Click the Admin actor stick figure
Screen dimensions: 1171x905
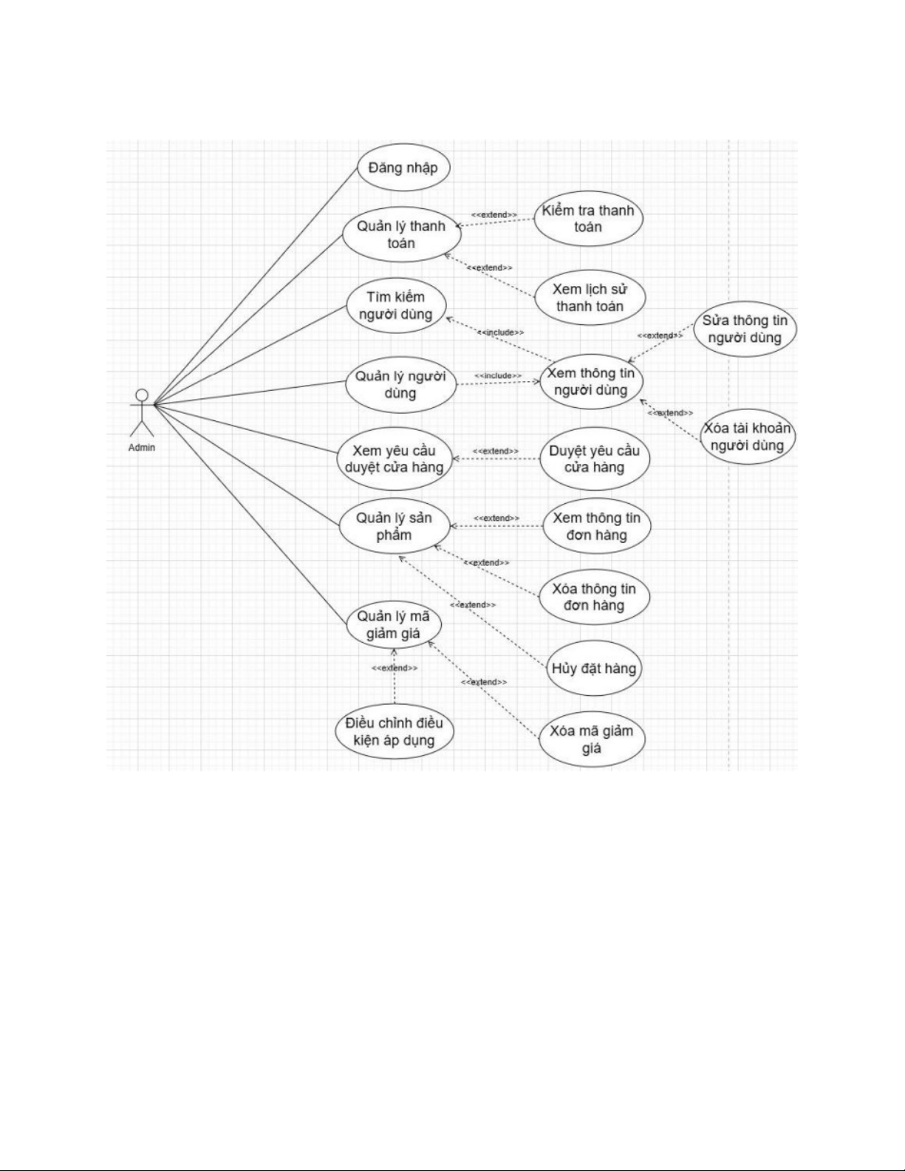coord(141,414)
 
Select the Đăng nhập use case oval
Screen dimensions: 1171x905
coord(403,168)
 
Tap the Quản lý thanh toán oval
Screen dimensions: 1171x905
coord(401,234)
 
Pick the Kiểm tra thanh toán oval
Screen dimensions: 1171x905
coord(588,219)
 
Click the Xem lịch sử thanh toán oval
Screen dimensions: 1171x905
coord(590,298)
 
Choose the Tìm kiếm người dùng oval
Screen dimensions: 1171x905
coord(396,306)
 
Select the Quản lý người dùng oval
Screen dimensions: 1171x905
coord(400,384)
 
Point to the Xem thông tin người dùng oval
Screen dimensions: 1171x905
coord(590,382)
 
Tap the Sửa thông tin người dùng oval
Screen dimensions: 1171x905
coord(745,330)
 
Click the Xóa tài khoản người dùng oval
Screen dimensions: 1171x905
coord(747,437)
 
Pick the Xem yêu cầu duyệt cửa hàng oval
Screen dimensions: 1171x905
coord(394,459)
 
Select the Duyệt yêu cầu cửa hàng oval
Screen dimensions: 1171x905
coord(594,459)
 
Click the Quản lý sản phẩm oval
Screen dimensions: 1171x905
coord(394,526)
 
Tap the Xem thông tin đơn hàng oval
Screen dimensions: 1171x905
coord(596,526)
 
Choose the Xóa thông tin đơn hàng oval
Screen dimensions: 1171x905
coord(594,597)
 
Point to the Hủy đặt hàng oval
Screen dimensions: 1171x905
coord(593,669)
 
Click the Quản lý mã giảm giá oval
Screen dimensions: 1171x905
coord(394,625)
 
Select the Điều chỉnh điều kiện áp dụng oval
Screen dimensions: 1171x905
coord(394,731)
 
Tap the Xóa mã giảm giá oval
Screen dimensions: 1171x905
coord(592,740)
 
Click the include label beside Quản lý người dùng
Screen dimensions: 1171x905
coord(498,376)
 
